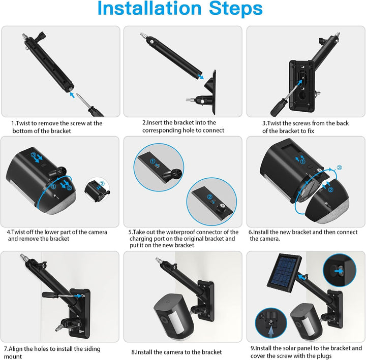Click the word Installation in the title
pyautogui.click(x=149, y=8)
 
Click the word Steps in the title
pyautogui.click(x=236, y=9)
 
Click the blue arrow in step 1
pyautogui.click(x=72, y=95)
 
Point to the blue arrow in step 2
pyautogui.click(x=200, y=77)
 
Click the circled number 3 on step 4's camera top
pyautogui.click(x=34, y=155)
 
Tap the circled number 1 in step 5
pyautogui.click(x=152, y=161)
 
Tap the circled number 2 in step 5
pyautogui.click(x=209, y=197)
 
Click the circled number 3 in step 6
pyautogui.click(x=340, y=168)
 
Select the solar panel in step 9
pyautogui.click(x=284, y=273)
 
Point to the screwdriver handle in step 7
pyautogui.click(x=50, y=294)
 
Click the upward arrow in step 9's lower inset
pyautogui.click(x=271, y=332)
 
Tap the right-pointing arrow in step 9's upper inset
pyautogui.click(x=339, y=271)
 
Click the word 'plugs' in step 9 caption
pyautogui.click(x=324, y=356)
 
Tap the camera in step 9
pyautogui.click(x=307, y=322)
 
